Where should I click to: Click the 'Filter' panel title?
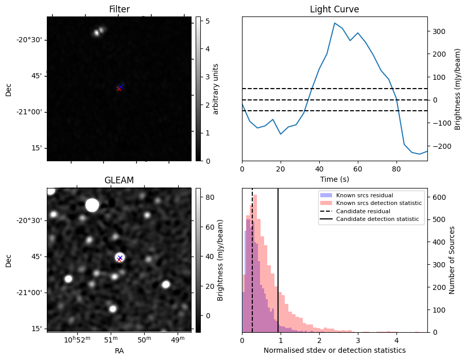(x=119, y=9)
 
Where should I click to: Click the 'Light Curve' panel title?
(x=334, y=9)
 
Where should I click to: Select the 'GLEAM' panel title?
(x=119, y=180)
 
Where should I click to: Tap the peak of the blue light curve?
(x=335, y=23)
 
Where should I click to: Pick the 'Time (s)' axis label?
(x=334, y=179)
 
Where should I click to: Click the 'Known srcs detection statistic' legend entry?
(x=378, y=203)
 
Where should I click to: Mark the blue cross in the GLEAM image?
(x=120, y=258)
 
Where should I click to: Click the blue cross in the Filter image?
(x=120, y=87)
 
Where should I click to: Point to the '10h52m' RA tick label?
(x=76, y=339)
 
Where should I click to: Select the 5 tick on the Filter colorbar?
(x=205, y=21)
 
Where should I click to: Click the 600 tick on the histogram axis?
(x=438, y=197)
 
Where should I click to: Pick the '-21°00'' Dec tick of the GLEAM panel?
(x=29, y=293)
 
